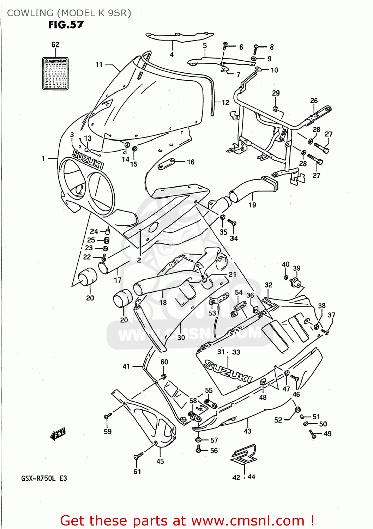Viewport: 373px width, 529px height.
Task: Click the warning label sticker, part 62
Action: tap(55, 74)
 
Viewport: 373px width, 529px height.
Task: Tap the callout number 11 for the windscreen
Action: tap(99, 65)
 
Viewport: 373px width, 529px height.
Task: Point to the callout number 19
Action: tap(252, 205)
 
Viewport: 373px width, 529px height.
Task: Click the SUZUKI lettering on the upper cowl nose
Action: tap(88, 159)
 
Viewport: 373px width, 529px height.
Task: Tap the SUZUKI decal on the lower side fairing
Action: tap(228, 371)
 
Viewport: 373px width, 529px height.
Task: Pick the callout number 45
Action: tap(160, 461)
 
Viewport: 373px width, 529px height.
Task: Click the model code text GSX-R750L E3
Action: tap(44, 478)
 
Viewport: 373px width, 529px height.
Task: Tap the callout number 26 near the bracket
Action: tap(314, 101)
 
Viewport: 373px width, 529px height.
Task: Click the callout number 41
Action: tap(126, 366)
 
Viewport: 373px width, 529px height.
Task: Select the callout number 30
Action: tap(181, 338)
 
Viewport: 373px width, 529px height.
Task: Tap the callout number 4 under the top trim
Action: tap(172, 55)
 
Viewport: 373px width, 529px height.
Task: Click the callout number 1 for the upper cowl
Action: tap(43, 159)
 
